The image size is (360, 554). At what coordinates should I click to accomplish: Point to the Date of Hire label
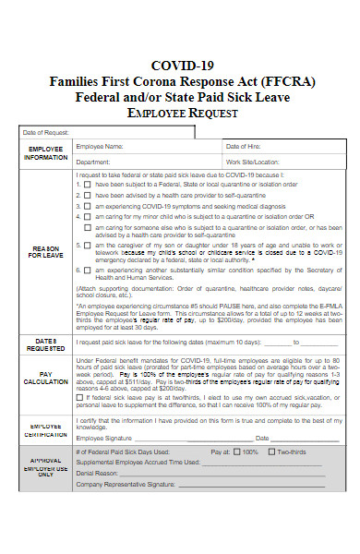click(x=244, y=147)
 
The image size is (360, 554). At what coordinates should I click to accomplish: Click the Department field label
click(x=94, y=162)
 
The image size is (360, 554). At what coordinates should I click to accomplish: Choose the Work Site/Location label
click(x=252, y=162)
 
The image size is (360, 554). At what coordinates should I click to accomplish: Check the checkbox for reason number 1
click(x=88, y=184)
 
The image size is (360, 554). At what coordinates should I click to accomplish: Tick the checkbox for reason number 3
click(x=88, y=206)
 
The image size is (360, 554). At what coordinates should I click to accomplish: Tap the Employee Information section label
click(x=45, y=153)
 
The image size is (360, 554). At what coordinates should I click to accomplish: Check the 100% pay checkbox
click(x=238, y=452)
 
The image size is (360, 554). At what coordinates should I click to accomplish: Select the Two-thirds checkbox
click(x=273, y=452)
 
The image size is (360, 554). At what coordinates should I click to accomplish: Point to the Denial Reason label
click(x=97, y=472)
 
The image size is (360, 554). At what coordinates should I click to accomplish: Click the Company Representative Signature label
click(x=126, y=483)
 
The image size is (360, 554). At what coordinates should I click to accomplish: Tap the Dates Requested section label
click(x=45, y=343)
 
